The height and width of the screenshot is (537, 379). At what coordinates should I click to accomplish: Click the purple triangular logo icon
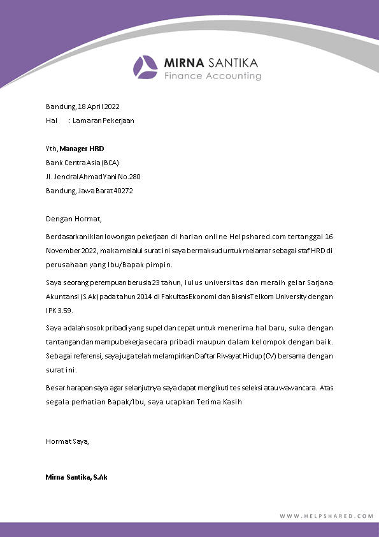145,68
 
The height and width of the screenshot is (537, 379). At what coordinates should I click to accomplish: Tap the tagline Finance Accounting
213,76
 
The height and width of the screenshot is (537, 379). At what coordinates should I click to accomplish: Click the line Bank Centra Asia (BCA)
82,163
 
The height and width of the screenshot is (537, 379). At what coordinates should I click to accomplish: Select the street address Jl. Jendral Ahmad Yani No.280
93,177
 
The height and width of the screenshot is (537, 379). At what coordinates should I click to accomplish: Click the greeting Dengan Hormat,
74,219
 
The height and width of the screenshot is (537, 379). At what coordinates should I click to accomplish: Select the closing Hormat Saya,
68,441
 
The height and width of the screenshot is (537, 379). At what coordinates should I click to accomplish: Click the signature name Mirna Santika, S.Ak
76,476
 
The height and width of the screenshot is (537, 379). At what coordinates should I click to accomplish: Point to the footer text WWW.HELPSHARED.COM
326,516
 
